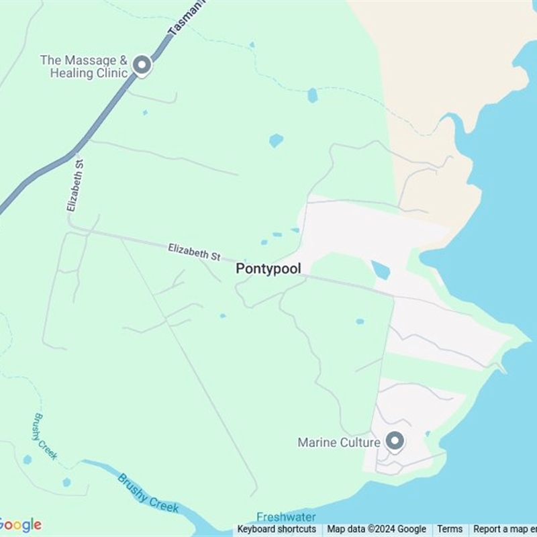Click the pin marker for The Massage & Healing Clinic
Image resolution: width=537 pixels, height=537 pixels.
pyautogui.click(x=142, y=65)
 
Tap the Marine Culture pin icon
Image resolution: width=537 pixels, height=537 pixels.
pyautogui.click(x=395, y=441)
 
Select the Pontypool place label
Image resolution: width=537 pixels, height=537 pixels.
pyautogui.click(x=268, y=268)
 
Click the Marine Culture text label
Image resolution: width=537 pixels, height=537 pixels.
pyautogui.click(x=339, y=442)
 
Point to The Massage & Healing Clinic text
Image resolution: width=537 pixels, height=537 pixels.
pyautogui.click(x=85, y=66)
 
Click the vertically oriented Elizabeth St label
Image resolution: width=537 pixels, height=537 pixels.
pyautogui.click(x=75, y=185)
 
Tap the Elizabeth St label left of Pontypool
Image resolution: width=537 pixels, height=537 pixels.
pyautogui.click(x=194, y=252)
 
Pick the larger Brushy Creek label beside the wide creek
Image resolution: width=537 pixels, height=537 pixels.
pyautogui.click(x=148, y=493)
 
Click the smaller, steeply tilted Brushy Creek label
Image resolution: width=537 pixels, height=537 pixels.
pyautogui.click(x=45, y=436)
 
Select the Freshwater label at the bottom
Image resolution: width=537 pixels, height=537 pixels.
pyautogui.click(x=286, y=517)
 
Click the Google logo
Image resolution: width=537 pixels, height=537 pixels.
pyautogui.click(x=20, y=525)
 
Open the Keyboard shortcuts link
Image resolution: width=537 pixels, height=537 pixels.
pyautogui.click(x=277, y=530)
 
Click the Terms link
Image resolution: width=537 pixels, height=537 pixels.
pyautogui.click(x=450, y=530)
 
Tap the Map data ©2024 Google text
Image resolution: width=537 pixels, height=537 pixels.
pyautogui.click(x=377, y=530)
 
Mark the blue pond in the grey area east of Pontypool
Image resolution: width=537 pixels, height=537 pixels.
pyautogui.click(x=381, y=270)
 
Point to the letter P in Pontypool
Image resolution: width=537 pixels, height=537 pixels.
pyautogui.click(x=240, y=268)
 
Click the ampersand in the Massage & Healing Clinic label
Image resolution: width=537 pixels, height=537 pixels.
pyautogui.click(x=123, y=60)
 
